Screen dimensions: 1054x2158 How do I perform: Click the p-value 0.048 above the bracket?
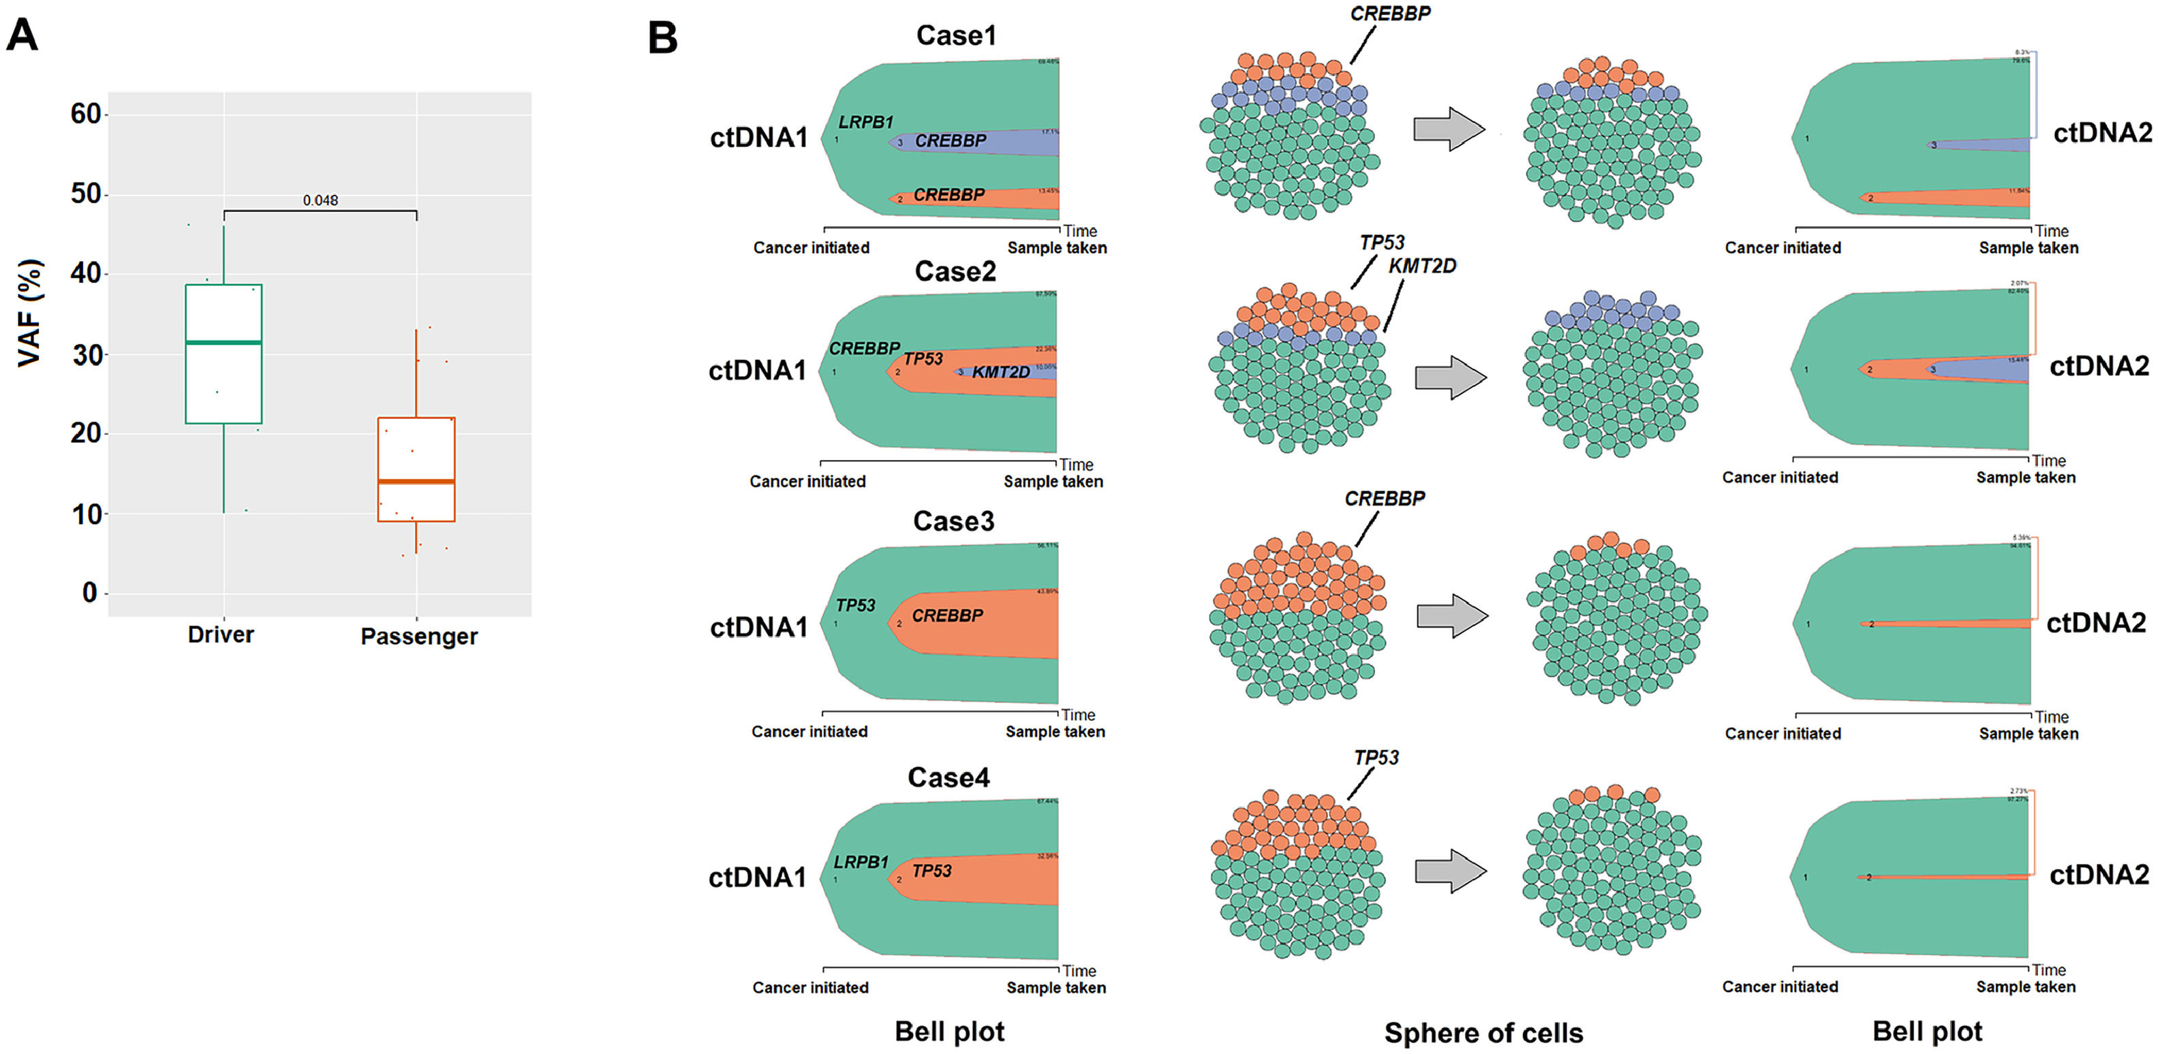click(x=320, y=200)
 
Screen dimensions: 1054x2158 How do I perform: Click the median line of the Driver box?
click(x=223, y=342)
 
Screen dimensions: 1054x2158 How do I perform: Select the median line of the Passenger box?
click(x=416, y=481)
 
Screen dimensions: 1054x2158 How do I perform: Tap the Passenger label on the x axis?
click(x=419, y=637)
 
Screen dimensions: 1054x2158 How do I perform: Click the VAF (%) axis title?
click(x=29, y=313)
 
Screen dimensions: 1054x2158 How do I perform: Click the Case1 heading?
click(x=956, y=35)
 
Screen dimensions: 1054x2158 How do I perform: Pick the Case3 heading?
click(x=953, y=521)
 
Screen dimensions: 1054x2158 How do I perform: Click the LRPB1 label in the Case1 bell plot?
click(x=866, y=123)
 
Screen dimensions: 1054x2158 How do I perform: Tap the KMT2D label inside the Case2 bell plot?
click(x=1000, y=372)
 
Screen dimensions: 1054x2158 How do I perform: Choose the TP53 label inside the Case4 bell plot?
click(x=931, y=871)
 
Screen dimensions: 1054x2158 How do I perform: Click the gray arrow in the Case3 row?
click(x=1452, y=616)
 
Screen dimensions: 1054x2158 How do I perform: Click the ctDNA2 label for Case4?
click(x=2099, y=875)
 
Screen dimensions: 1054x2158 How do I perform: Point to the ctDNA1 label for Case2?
click(x=757, y=371)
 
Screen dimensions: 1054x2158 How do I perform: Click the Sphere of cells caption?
click(x=1483, y=1033)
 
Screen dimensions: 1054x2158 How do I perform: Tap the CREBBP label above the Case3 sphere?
click(x=1384, y=499)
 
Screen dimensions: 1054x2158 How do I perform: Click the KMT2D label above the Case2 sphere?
click(x=1421, y=266)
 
